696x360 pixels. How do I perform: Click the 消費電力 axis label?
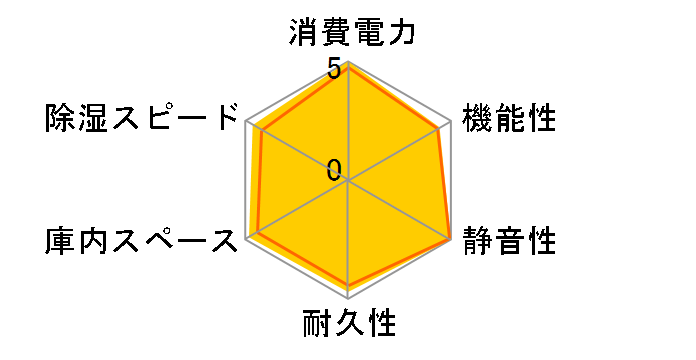[x=348, y=30]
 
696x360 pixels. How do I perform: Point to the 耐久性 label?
[x=348, y=325]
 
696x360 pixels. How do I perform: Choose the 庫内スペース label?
[x=144, y=241]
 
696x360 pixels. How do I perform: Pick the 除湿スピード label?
[x=144, y=119]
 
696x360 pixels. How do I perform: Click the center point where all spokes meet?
[x=348, y=181]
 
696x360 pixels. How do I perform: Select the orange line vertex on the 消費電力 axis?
[x=348, y=67]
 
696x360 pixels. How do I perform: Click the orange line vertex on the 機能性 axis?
[x=438, y=129]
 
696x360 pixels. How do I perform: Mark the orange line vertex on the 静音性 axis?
[x=449, y=239]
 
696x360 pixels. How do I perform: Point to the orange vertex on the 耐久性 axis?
[x=348, y=286]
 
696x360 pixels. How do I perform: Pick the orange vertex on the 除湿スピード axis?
[x=261, y=131]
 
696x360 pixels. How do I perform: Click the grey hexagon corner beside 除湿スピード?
[x=246, y=122]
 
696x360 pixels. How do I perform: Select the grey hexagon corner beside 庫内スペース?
[x=246, y=240]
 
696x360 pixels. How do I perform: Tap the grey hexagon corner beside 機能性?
[x=450, y=122]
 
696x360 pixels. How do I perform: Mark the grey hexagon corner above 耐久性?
[x=348, y=299]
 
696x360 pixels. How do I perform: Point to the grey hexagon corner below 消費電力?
[x=348, y=63]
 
